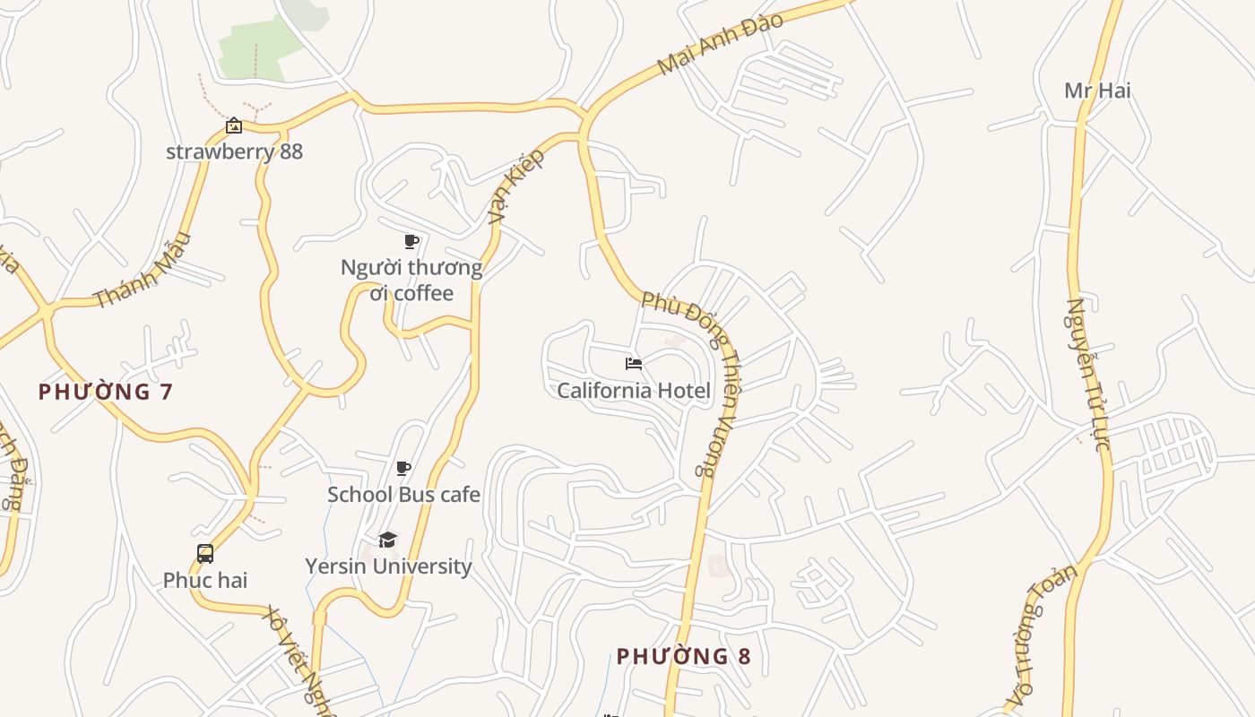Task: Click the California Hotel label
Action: click(633, 391)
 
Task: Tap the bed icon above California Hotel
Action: click(633, 363)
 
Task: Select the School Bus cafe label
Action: click(403, 495)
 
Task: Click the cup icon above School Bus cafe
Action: click(403, 468)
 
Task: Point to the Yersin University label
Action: click(388, 566)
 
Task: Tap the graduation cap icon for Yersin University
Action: click(387, 540)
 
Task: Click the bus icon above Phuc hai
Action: click(205, 554)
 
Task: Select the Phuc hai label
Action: click(205, 580)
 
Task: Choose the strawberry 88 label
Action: click(234, 151)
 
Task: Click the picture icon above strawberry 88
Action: click(234, 125)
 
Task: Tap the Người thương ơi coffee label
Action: click(411, 281)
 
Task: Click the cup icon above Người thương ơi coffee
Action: click(411, 241)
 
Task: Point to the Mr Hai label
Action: click(1097, 91)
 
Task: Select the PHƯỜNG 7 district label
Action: click(105, 392)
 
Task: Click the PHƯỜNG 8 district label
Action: click(683, 656)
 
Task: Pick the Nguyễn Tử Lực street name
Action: click(1088, 374)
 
